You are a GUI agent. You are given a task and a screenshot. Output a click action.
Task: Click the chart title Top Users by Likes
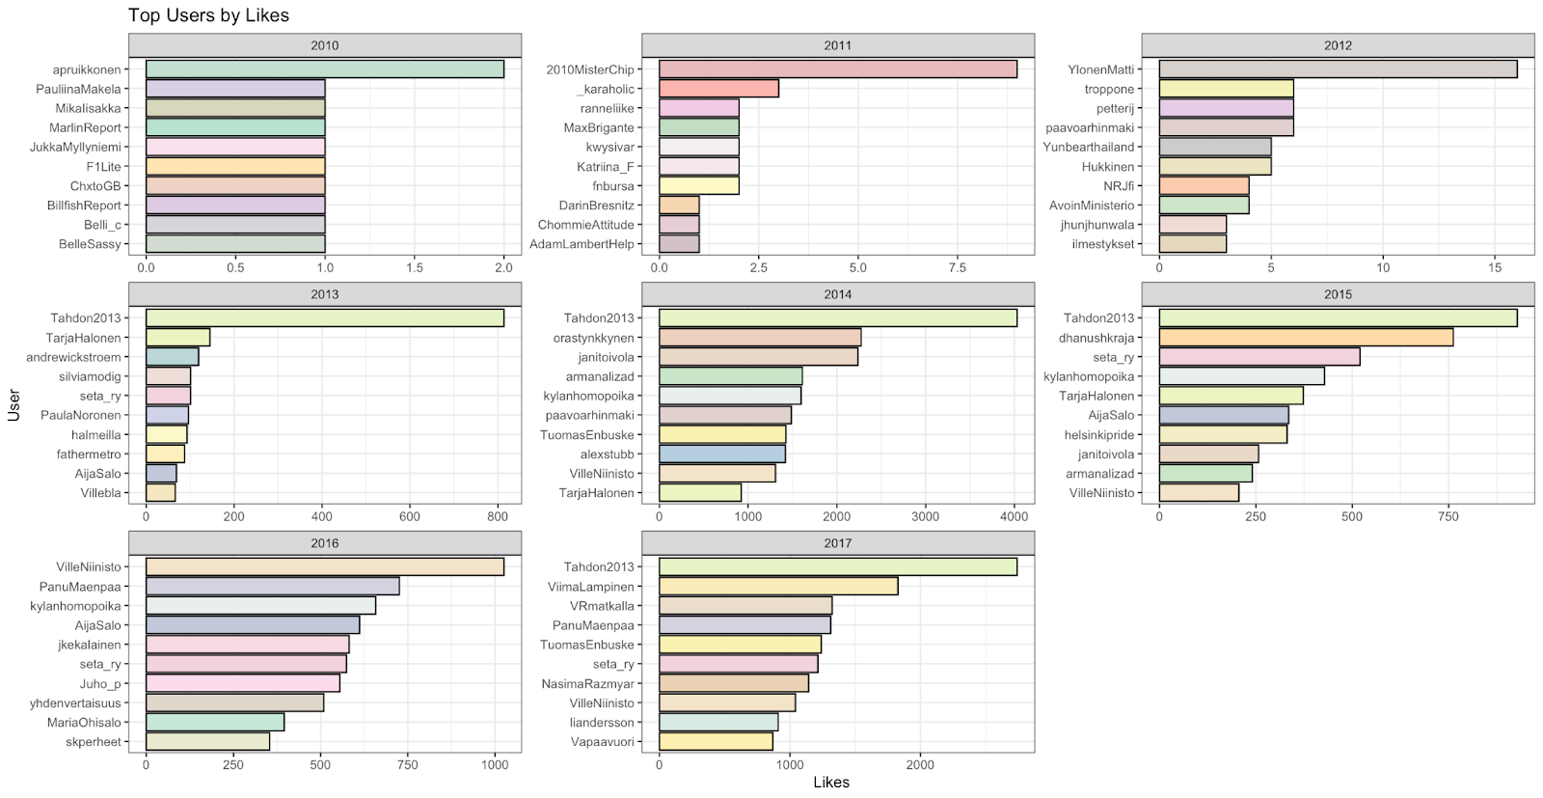(208, 15)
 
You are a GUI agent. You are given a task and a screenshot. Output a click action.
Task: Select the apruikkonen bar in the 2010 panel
(324, 69)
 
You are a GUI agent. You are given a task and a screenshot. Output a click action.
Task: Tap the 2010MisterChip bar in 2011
(837, 69)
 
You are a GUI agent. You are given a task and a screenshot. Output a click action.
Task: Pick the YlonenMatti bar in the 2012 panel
(1337, 69)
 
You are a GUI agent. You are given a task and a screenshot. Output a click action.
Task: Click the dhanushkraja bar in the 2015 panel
(1305, 338)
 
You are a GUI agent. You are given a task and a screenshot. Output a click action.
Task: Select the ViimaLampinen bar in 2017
(777, 587)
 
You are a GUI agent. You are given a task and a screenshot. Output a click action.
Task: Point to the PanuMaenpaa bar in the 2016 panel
(272, 587)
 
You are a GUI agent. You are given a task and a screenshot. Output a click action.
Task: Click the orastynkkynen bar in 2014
(759, 338)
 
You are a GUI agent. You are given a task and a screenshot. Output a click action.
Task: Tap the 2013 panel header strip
(324, 294)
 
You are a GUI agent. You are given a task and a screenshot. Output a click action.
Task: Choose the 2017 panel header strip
(837, 543)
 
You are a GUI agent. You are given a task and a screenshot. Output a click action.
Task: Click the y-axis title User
(14, 404)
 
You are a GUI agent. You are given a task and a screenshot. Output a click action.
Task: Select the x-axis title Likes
(830, 783)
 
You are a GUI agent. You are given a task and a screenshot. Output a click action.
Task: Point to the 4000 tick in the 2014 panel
(1015, 517)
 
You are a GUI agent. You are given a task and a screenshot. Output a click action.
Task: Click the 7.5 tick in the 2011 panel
(957, 268)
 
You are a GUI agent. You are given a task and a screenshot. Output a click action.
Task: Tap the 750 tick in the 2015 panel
(1448, 517)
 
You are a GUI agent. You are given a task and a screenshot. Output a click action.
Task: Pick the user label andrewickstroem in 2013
(73, 357)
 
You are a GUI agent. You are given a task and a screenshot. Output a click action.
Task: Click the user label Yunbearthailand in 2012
(1088, 148)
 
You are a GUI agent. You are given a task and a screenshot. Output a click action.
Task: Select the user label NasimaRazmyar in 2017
(587, 684)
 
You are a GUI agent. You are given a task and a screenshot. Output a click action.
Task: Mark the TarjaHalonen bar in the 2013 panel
(177, 338)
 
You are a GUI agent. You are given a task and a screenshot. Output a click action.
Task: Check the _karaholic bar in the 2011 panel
(718, 89)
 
